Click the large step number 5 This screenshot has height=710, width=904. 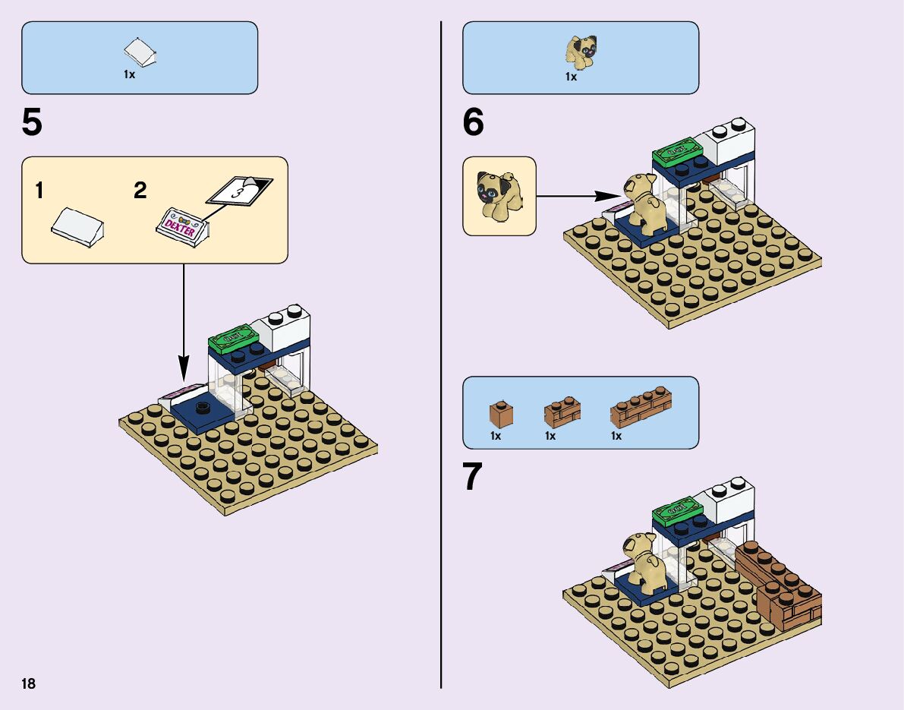pyautogui.click(x=32, y=124)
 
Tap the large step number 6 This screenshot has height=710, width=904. pyautogui.click(x=473, y=124)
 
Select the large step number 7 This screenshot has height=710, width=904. pyautogui.click(x=472, y=478)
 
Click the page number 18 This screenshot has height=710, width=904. pyautogui.click(x=29, y=683)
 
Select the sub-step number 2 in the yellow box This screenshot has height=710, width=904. pyautogui.click(x=140, y=191)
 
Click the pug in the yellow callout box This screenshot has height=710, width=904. pyautogui.click(x=498, y=195)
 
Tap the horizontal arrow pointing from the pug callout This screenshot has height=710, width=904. pyautogui.click(x=577, y=197)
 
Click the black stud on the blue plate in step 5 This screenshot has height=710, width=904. pyautogui.click(x=203, y=409)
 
